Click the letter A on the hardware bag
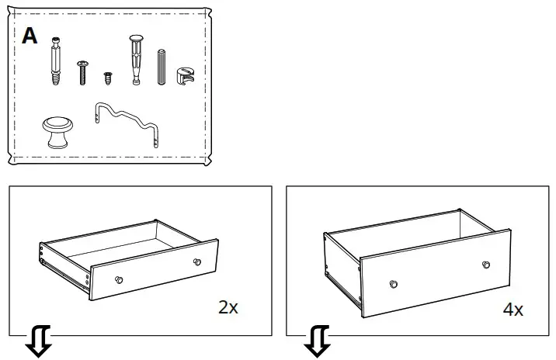(30, 36)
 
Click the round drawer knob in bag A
(57, 132)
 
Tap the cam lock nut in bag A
(185, 76)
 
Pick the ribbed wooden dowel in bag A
(162, 67)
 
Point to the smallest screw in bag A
(108, 78)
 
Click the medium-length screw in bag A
(82, 73)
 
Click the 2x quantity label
(228, 307)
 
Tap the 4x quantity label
(513, 310)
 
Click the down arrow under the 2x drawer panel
(39, 341)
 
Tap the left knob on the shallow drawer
(119, 279)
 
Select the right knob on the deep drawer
(486, 265)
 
